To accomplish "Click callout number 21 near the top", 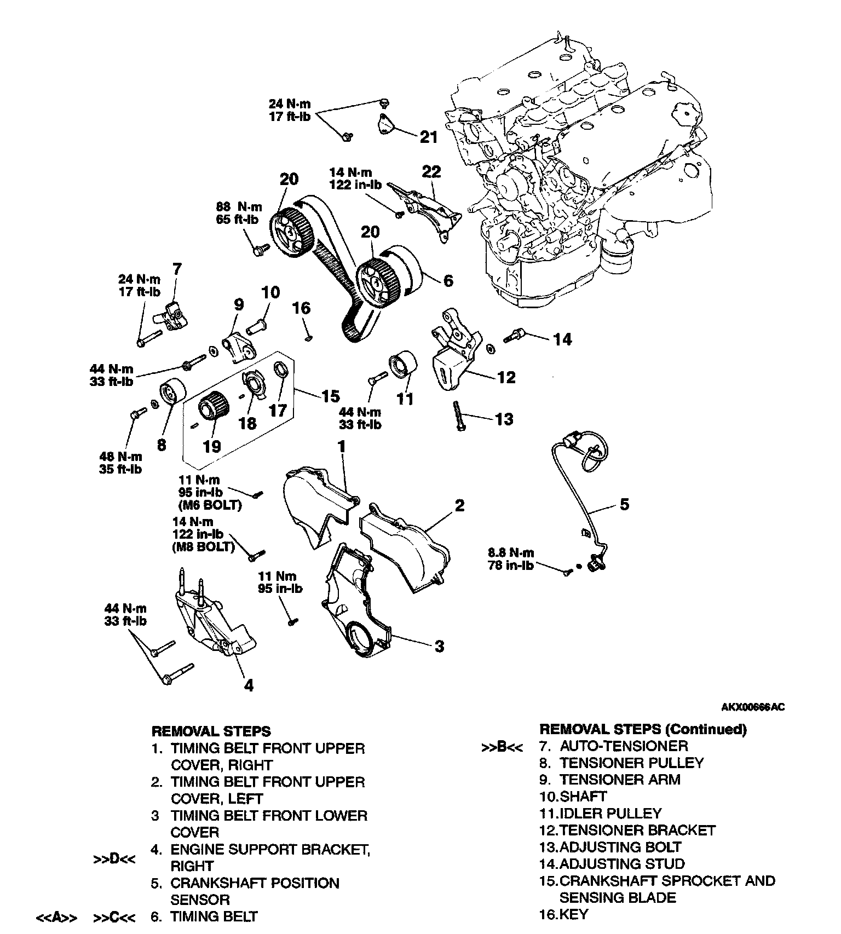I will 429,136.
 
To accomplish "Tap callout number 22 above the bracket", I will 431,172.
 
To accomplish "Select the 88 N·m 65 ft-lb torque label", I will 239,214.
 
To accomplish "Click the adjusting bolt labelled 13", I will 459,417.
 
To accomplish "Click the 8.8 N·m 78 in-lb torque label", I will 510,559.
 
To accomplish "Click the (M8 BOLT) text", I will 203,547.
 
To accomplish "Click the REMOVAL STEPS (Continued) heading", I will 643,729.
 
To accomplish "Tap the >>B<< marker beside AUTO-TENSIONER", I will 502,747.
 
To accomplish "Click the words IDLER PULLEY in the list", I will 610,814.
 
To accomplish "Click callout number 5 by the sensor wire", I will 625,504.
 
